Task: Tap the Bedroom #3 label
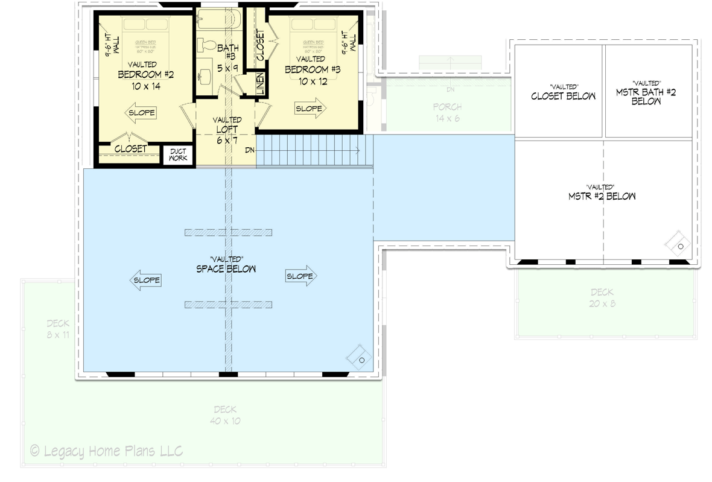tap(313, 70)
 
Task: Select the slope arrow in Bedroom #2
tap(141, 113)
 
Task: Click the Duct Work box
tap(177, 154)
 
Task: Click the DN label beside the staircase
tap(249, 150)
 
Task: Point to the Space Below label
tap(226, 268)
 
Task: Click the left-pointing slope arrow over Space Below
tap(145, 281)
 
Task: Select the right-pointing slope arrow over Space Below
tap(301, 276)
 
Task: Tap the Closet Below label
tap(563, 96)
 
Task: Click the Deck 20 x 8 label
tap(603, 298)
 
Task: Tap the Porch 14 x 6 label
tap(447, 112)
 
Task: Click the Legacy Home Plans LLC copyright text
tap(106, 451)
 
